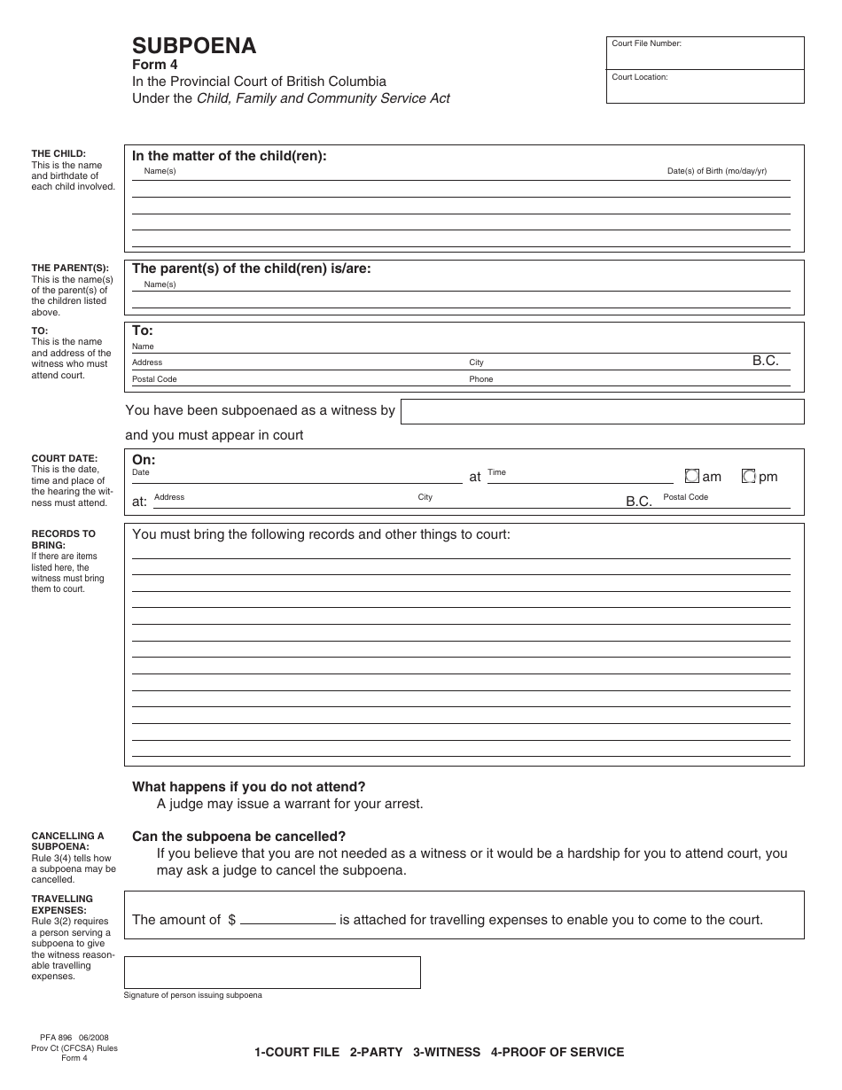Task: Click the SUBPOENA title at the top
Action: [x=194, y=46]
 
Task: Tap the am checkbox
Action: [x=692, y=476]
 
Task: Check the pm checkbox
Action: [x=748, y=476]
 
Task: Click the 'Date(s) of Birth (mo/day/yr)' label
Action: [x=716, y=171]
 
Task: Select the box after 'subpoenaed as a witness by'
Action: [x=602, y=411]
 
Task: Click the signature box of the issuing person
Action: [x=272, y=972]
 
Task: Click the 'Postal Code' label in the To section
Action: [x=154, y=379]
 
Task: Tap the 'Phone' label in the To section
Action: [x=480, y=379]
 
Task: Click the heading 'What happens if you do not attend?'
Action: [x=248, y=786]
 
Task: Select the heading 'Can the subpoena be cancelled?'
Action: [x=238, y=837]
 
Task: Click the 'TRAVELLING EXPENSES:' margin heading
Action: [x=61, y=904]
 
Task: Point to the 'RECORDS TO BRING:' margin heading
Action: [x=63, y=539]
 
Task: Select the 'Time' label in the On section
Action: [x=496, y=472]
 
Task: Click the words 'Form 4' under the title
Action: [x=154, y=65]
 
